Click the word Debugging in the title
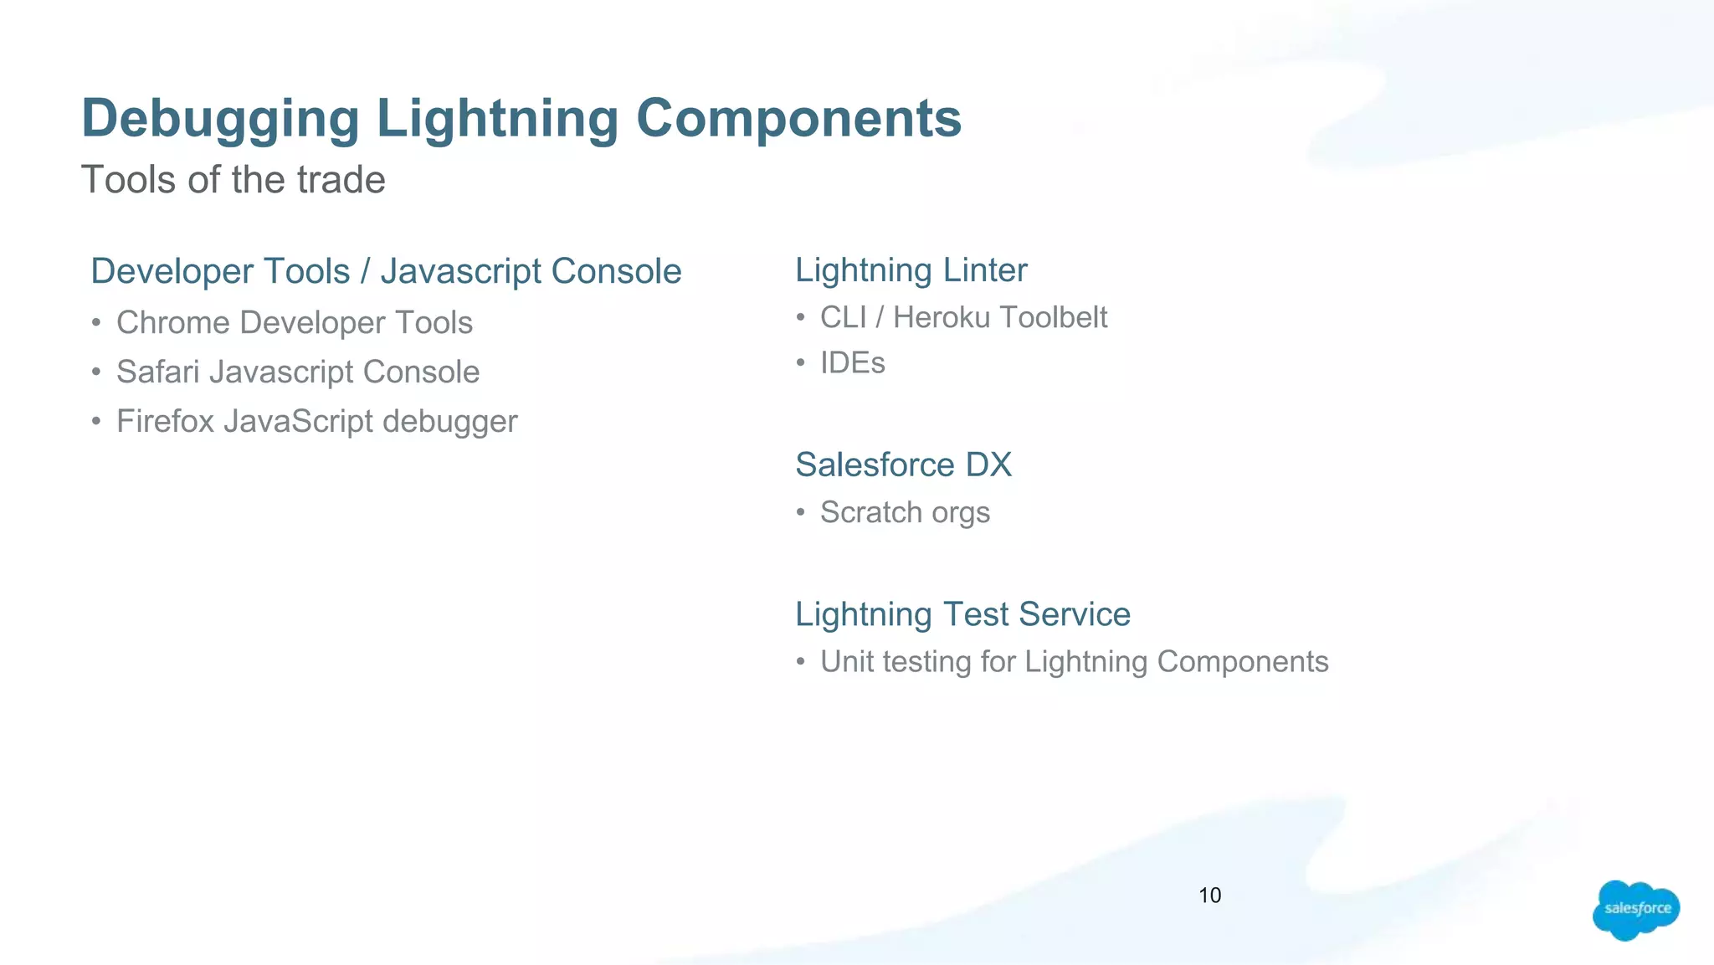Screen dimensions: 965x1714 click(220, 119)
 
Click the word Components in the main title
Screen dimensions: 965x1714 click(798, 118)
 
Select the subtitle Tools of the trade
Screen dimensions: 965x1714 click(233, 180)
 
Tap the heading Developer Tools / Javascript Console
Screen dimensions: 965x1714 click(386, 271)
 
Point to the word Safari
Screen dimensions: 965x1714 click(158, 372)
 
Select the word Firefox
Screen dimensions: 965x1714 click(165, 422)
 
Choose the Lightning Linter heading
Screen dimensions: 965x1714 click(911, 270)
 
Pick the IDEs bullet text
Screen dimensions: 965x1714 click(852, 363)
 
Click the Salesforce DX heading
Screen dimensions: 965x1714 click(903, 465)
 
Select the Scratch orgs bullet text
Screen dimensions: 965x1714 click(905, 512)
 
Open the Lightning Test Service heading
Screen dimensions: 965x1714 click(962, 614)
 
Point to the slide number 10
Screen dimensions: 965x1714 click(1209, 896)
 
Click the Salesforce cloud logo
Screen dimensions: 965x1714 click(1635, 910)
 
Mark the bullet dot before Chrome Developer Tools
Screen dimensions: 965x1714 click(97, 323)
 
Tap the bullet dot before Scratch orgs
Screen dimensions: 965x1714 click(801, 512)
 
